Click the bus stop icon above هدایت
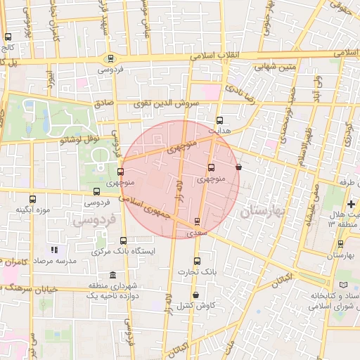click(x=220, y=120)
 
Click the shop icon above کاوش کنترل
click(x=195, y=295)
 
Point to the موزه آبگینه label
click(x=34, y=210)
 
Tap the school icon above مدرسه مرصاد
click(x=54, y=250)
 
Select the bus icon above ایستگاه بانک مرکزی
click(x=124, y=240)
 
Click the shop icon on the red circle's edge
click(x=239, y=167)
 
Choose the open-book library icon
click(x=343, y=284)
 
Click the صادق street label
click(x=104, y=103)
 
